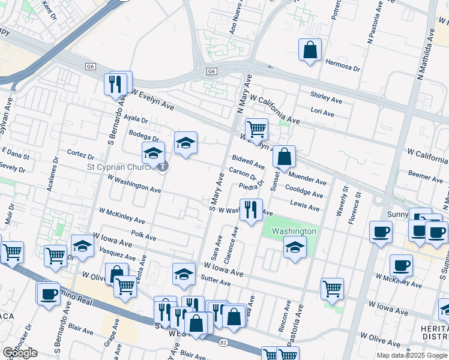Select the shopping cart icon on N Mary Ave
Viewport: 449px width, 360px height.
256,128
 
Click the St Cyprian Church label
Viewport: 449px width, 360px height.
122,167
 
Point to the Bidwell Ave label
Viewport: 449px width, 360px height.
248,161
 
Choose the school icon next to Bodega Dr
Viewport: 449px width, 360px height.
185,143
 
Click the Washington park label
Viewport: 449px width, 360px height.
294,231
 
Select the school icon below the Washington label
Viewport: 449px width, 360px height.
294,247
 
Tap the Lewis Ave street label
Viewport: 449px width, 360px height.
305,206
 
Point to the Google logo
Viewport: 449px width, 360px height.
20,352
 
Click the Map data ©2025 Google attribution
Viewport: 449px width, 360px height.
412,355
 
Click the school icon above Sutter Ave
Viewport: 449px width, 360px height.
184,274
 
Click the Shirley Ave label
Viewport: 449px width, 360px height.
326,95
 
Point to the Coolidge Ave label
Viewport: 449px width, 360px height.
304,192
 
